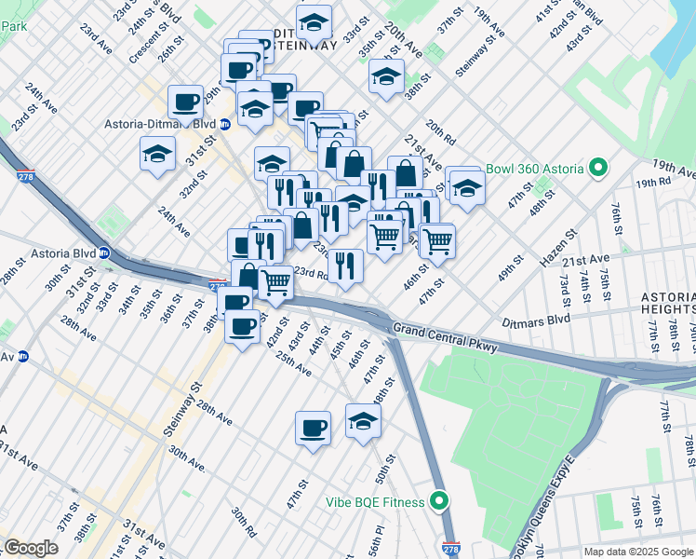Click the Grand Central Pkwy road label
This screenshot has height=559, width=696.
coord(446,336)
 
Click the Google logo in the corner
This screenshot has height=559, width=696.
coord(30,547)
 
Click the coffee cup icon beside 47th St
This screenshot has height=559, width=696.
coord(313,429)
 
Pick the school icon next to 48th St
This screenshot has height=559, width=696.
coord(363,421)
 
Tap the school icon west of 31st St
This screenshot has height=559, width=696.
coord(158,154)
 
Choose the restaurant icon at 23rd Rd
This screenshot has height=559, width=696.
coord(345,267)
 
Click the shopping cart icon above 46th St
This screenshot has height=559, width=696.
coord(436,240)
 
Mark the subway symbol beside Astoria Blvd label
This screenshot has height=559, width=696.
coord(105,252)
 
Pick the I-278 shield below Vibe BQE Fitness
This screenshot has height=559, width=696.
coord(450,549)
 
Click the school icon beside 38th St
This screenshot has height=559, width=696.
coord(386,78)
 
